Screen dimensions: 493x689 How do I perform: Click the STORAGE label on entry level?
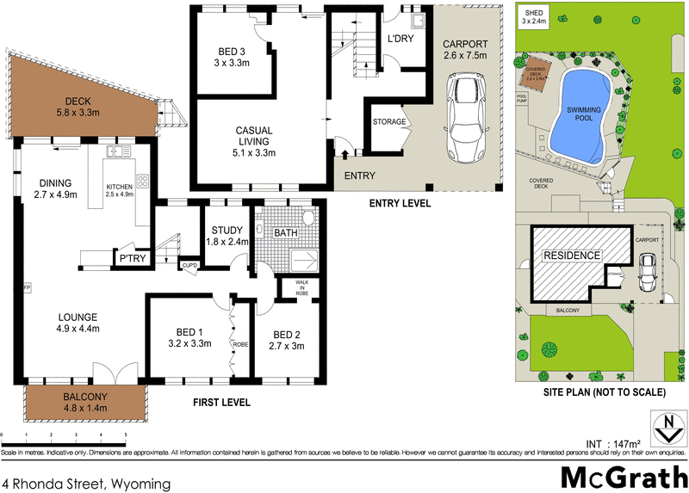tap(389, 122)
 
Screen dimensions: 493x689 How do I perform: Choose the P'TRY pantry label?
tap(132, 258)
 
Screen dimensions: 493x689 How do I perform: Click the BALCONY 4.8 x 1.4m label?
tap(84, 403)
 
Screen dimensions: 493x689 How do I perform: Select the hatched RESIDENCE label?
tap(570, 256)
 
